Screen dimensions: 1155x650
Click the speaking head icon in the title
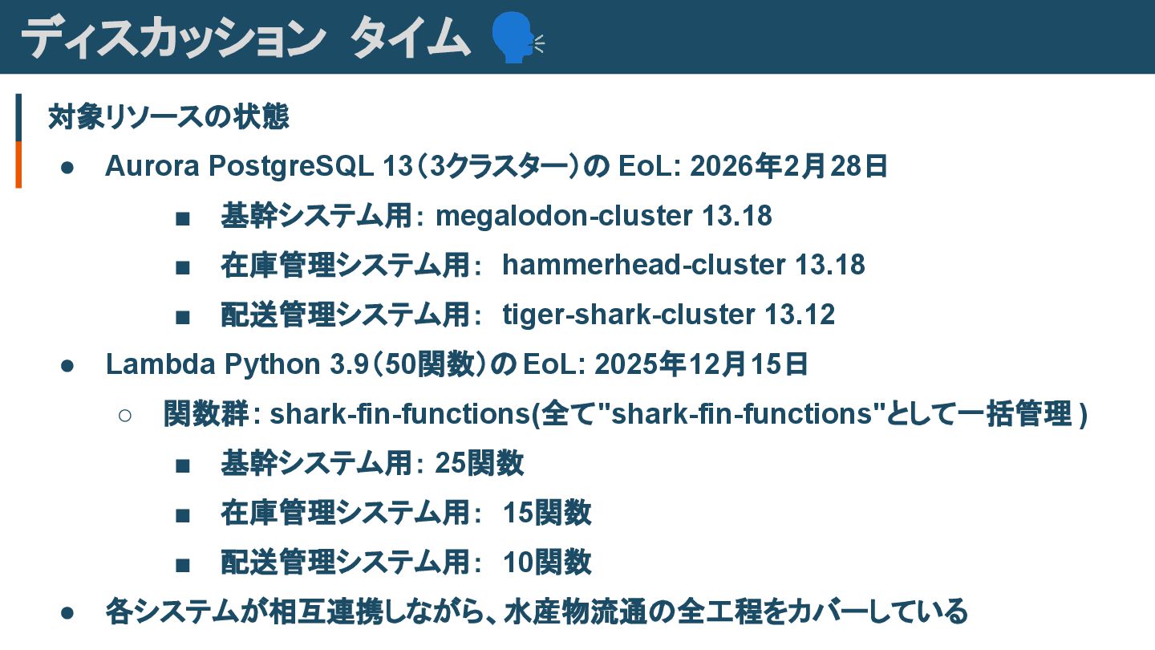coord(514,37)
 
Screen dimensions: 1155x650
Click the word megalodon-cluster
coord(564,216)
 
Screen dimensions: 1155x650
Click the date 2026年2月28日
coord(788,166)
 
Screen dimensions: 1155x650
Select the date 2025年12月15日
coord(703,364)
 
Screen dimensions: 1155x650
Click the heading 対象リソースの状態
coord(168,117)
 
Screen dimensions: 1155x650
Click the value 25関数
coord(480,463)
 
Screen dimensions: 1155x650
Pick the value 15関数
coord(547,513)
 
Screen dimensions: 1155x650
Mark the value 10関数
coord(547,562)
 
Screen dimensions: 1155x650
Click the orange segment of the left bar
coord(18,165)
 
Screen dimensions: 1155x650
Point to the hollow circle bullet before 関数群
coord(124,415)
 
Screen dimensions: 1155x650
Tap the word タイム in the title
coord(410,37)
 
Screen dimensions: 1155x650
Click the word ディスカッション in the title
coord(171,37)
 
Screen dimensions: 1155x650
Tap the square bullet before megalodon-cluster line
coord(183,217)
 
